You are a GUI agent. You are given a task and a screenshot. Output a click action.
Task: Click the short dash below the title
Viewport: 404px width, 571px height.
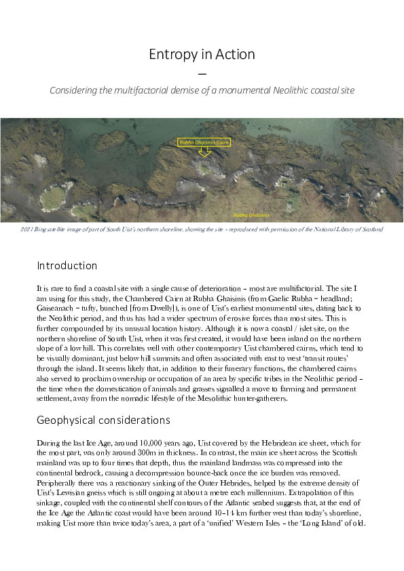click(202, 73)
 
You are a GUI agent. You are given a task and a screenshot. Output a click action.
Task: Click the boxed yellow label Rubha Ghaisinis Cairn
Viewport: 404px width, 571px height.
click(204, 142)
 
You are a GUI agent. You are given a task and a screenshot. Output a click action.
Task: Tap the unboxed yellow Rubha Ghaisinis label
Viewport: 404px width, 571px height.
click(251, 214)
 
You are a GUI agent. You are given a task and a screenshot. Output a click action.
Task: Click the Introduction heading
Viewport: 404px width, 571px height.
click(67, 265)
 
